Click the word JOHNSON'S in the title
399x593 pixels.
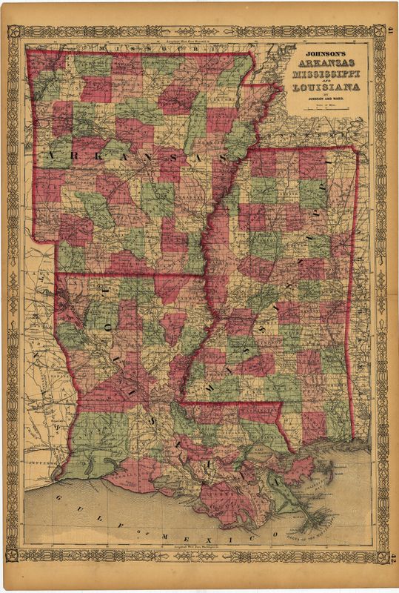pyautogui.click(x=324, y=53)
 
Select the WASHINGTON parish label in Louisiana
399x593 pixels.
pyautogui.click(x=259, y=409)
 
